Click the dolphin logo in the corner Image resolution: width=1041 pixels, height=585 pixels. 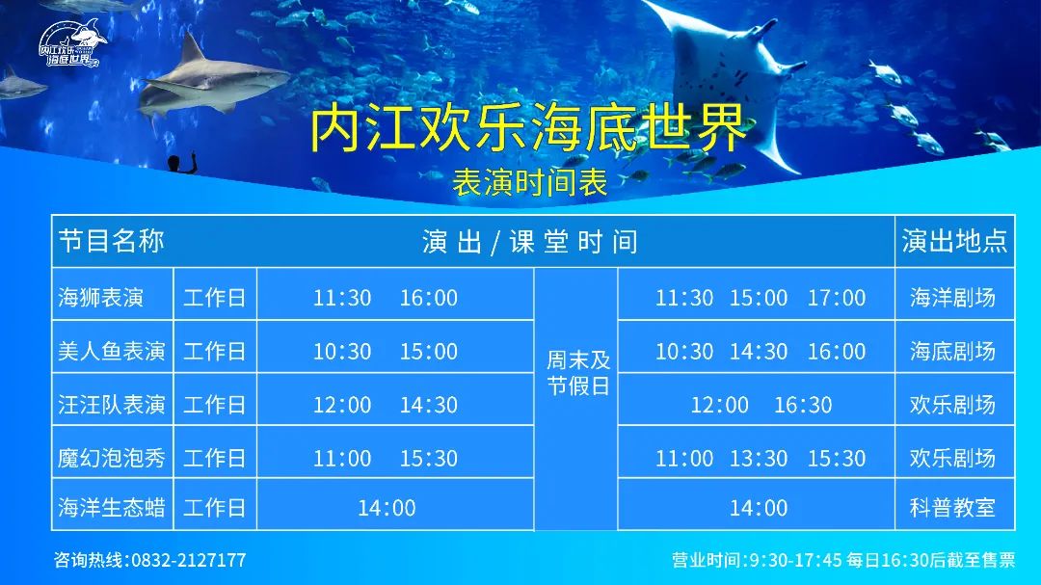(x=71, y=43)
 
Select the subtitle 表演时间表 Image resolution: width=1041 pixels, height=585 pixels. (x=529, y=182)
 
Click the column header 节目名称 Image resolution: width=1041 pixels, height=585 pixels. (x=111, y=240)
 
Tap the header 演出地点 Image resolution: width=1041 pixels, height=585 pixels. (x=954, y=240)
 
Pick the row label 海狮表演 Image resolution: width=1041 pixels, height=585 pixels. (x=100, y=297)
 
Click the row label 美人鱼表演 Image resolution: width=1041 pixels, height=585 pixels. (x=111, y=351)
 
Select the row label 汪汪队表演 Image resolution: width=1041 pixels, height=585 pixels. (x=111, y=405)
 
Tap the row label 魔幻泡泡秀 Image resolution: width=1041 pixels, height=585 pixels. (x=111, y=458)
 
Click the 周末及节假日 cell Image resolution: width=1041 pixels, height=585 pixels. (x=578, y=373)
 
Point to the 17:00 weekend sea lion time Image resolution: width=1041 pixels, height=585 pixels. (x=837, y=298)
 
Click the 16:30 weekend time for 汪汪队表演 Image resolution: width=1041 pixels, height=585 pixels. (x=803, y=405)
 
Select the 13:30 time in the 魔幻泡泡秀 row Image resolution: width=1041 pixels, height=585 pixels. (x=759, y=458)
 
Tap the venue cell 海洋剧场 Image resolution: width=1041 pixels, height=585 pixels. (x=952, y=297)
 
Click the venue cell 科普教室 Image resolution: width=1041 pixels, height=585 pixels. (x=952, y=507)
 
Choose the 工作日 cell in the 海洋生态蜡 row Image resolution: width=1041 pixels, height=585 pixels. (x=214, y=507)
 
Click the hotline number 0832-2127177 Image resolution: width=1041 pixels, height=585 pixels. (x=189, y=561)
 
